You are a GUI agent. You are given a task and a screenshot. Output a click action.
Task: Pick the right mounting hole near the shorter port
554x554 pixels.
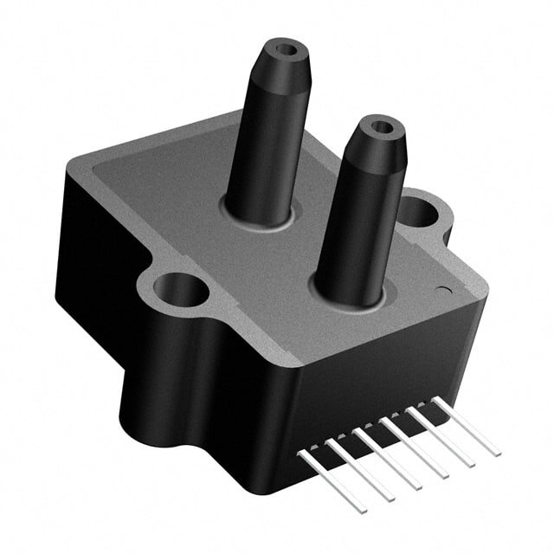(416, 210)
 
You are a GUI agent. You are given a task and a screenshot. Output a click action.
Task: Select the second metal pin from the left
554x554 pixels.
(359, 472)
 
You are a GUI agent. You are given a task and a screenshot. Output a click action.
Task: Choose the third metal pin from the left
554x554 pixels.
(388, 461)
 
